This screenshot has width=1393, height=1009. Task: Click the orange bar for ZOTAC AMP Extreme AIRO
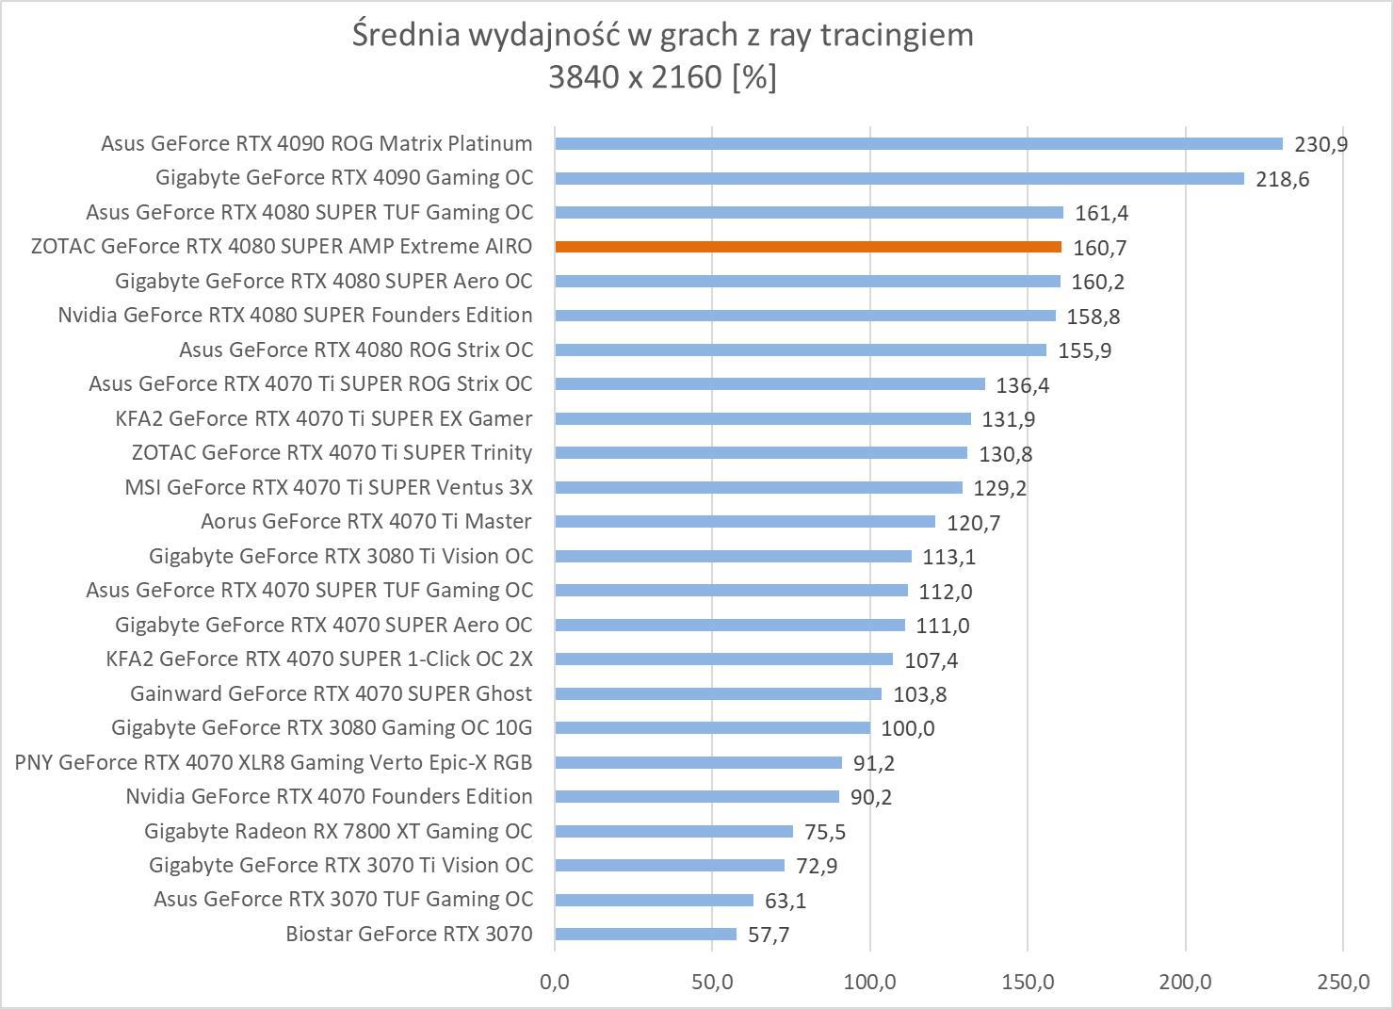coord(808,247)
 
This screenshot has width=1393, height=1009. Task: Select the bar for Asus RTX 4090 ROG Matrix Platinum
coord(918,144)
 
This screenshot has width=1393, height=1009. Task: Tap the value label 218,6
coord(1282,179)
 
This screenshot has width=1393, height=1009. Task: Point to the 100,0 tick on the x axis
coord(869,982)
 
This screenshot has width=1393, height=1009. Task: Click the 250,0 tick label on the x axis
coord(1343,982)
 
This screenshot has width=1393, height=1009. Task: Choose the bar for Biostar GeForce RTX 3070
coord(645,935)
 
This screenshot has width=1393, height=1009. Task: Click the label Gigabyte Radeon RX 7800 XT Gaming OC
coord(338,831)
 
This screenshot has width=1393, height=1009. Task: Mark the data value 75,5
coord(825,832)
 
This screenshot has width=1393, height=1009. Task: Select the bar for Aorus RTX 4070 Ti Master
coord(744,522)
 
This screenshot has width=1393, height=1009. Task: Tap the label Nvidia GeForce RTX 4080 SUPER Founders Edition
coord(295,315)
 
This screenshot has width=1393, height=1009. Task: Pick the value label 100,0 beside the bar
coord(908,728)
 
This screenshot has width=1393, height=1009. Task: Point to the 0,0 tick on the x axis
coord(555,982)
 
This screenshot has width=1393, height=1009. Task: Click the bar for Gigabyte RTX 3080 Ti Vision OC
coord(733,556)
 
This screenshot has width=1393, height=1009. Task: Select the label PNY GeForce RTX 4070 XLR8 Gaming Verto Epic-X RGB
coord(273,762)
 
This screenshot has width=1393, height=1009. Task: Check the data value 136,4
coord(1023,385)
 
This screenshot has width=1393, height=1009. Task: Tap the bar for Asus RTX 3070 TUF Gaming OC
coord(654,900)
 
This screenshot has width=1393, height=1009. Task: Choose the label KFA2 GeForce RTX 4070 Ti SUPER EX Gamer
coord(324,418)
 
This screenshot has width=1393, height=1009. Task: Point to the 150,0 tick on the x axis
coord(1028,982)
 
